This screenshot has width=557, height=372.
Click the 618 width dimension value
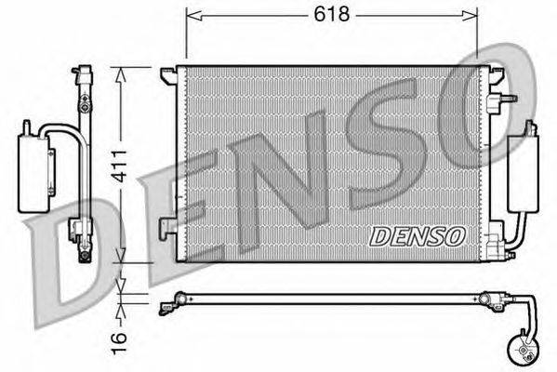(x=331, y=15)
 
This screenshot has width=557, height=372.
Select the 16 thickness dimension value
(x=119, y=343)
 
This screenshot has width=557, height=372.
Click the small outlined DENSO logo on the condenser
(x=418, y=236)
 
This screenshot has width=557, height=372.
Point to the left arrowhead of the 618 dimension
(x=194, y=15)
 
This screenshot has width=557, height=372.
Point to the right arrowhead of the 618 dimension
(x=470, y=15)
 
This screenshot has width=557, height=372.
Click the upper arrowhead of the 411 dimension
(x=121, y=75)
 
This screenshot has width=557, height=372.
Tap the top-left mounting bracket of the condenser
(x=168, y=76)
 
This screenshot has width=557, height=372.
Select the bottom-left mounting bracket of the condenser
(x=168, y=228)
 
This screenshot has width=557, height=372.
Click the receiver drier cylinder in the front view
(x=524, y=174)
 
